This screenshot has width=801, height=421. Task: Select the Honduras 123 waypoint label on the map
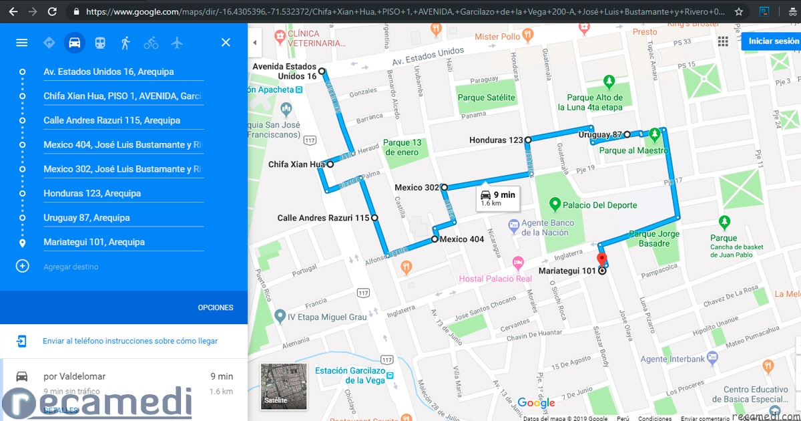coord(496,140)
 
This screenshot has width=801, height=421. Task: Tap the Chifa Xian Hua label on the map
coord(296,164)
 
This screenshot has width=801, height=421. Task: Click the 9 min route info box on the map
coord(497,198)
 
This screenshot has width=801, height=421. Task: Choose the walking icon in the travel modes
coord(125,43)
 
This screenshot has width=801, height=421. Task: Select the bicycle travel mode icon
coord(151,43)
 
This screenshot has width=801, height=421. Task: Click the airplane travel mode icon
coord(177,43)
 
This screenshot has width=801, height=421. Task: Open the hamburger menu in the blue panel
coord(22,43)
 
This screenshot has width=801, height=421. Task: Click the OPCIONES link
coord(216,308)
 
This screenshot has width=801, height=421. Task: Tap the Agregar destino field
coord(71,267)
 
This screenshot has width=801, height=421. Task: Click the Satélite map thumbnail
coord(284,386)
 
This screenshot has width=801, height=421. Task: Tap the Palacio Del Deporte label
coord(599,205)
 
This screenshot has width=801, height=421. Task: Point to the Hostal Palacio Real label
coord(495,279)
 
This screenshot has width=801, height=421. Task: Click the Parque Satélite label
coord(486,98)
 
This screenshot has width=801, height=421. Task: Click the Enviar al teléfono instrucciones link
coord(130,341)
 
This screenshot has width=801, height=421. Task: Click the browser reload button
coord(53,11)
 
